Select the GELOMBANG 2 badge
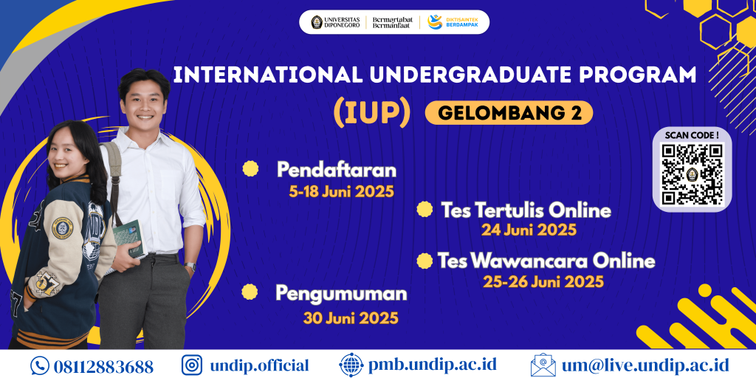[x=509, y=112]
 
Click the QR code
[x=691, y=174]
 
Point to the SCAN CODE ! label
[x=691, y=135]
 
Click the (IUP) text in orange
[x=371, y=111]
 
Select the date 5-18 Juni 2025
[x=341, y=192]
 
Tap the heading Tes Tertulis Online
[x=526, y=210]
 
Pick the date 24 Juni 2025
[x=529, y=230]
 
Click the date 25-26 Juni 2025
[x=543, y=282]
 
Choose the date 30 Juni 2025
[x=351, y=318]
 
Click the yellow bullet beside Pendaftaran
[x=251, y=169]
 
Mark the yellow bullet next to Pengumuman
[x=250, y=293]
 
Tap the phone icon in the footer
[x=39, y=365]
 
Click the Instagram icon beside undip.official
[x=192, y=365]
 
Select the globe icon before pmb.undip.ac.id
[x=351, y=365]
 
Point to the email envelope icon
[x=543, y=365]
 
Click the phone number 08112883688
[x=103, y=365]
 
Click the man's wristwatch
[x=190, y=267]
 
